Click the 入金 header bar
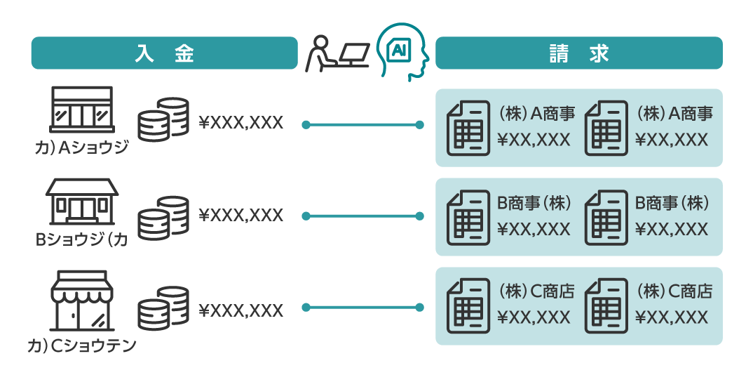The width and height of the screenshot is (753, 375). coord(164,53)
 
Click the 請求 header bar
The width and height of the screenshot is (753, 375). coord(578,53)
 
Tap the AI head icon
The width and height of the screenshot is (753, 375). coord(401,51)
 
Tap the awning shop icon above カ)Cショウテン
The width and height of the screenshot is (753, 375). coord(81,300)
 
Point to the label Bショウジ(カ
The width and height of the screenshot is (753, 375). coord(81,240)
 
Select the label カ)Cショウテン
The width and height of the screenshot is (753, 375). coord(81,346)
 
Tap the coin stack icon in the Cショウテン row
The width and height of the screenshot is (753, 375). coord(163,308)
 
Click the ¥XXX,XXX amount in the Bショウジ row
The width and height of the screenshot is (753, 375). coord(241,215)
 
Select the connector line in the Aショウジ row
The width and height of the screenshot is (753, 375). coord(362,125)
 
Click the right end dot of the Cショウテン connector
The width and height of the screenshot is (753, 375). coord(419,308)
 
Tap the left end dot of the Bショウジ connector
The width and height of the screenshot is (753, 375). coord(306,216)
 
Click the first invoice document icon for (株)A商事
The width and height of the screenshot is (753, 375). coord(468,128)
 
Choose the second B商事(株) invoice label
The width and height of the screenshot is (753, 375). coord(672,203)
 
